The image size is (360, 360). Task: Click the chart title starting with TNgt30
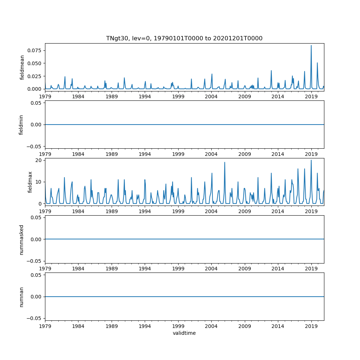click(x=184, y=38)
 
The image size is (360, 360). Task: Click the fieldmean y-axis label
click(x=22, y=67)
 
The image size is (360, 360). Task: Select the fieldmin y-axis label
click(x=21, y=125)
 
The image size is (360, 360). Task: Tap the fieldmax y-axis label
click(x=30, y=182)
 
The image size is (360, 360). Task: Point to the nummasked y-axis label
click(x=21, y=239)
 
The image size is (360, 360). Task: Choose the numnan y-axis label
click(x=21, y=297)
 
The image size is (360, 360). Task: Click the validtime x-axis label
click(x=184, y=333)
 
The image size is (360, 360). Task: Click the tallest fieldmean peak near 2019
click(x=311, y=45)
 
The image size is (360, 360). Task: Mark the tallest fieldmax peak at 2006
click(x=225, y=162)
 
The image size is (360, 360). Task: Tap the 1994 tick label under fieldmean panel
click(x=145, y=96)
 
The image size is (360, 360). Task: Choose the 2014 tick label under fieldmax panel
click(x=278, y=211)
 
